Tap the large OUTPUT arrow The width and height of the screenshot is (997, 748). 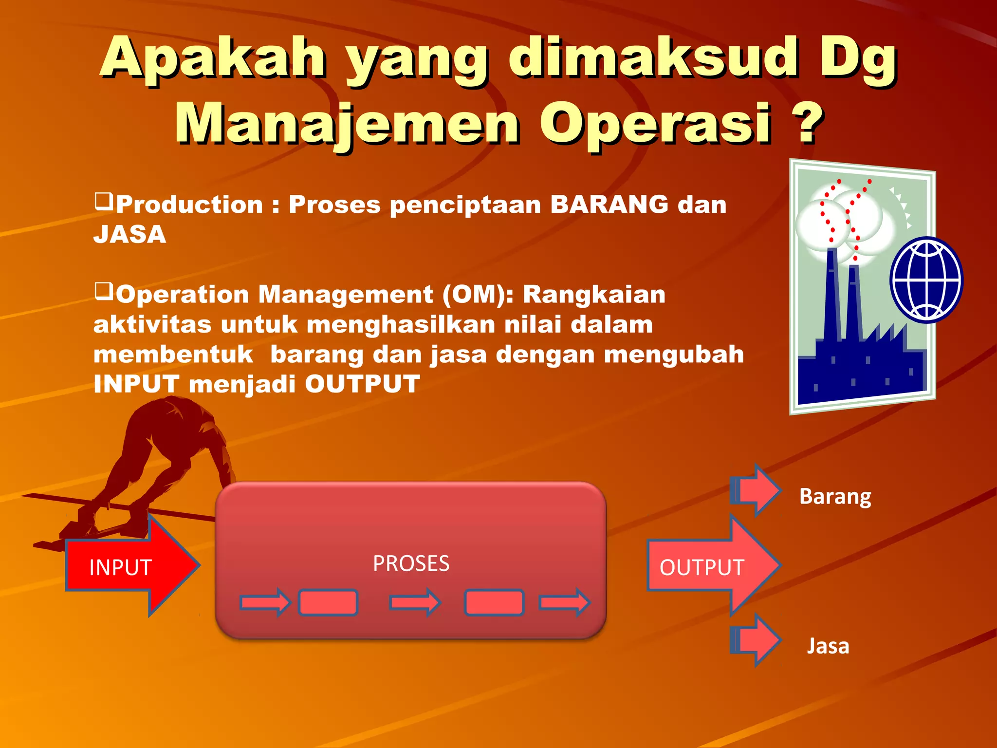(711, 566)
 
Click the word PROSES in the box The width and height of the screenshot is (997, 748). (411, 563)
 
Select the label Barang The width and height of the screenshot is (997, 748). (835, 497)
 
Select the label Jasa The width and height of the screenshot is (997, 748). (828, 646)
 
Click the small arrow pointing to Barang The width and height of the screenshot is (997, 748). (756, 490)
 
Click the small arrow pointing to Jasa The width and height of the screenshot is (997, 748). (756, 640)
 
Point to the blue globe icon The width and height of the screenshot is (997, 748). (926, 280)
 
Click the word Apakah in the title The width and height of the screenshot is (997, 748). (213, 58)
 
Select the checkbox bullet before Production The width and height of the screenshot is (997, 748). (104, 201)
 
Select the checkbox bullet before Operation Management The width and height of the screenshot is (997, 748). (104, 291)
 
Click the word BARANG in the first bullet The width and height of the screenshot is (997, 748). (609, 204)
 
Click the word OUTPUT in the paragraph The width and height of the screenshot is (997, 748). (362, 384)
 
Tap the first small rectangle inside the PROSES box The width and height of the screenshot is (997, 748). (328, 603)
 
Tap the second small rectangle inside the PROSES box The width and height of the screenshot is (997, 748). (494, 603)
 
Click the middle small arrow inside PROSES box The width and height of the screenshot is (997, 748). (415, 603)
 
